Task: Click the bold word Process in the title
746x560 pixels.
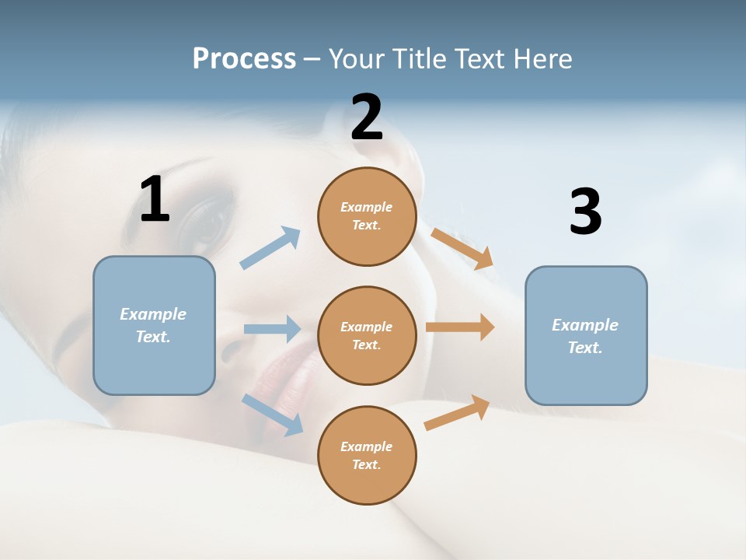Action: (244, 58)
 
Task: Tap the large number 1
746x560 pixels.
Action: (155, 200)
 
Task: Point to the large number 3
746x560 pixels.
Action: (585, 212)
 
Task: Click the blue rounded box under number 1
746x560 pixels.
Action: (154, 325)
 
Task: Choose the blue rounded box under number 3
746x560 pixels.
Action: (586, 335)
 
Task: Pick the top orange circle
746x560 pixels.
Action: (367, 216)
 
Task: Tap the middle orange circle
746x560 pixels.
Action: (367, 335)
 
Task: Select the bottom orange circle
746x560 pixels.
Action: (367, 455)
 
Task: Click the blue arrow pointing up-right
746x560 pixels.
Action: (270, 248)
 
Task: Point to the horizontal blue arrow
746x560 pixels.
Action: (271, 329)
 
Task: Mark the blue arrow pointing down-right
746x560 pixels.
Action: (272, 414)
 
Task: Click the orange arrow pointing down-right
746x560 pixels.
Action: (462, 248)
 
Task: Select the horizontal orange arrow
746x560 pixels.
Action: (460, 327)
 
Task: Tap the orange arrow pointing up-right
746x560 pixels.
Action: (457, 413)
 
